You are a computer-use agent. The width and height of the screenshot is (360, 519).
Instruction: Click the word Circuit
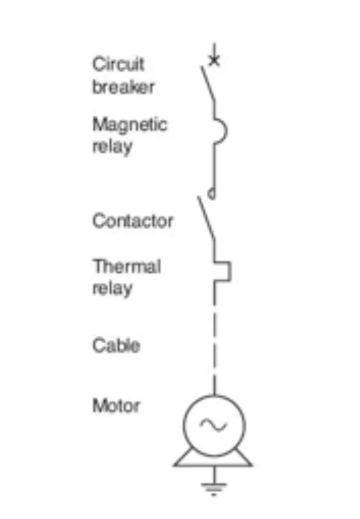(x=118, y=64)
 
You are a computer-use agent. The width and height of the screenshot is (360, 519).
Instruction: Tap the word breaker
(x=123, y=87)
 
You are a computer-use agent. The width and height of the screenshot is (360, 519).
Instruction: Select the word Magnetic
(x=130, y=125)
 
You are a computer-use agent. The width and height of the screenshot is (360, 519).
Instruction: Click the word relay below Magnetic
(x=112, y=147)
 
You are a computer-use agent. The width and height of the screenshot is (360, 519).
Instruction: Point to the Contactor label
(x=132, y=221)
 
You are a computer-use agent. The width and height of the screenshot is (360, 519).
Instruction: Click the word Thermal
(x=127, y=266)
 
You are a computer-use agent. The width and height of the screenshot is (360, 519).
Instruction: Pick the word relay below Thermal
(x=112, y=289)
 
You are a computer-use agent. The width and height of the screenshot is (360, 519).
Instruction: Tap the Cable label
(x=116, y=345)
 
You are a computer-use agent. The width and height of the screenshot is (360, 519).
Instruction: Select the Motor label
(x=116, y=406)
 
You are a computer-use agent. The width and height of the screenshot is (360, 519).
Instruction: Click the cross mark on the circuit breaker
(x=214, y=61)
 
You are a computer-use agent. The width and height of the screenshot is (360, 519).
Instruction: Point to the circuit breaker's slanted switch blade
(x=207, y=83)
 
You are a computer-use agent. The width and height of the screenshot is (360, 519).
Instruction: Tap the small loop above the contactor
(x=212, y=194)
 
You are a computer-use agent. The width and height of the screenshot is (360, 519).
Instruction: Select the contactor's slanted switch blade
(x=206, y=218)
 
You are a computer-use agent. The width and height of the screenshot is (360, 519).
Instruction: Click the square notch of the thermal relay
(x=227, y=272)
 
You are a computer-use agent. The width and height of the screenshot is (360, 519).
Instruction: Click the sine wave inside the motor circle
(x=213, y=425)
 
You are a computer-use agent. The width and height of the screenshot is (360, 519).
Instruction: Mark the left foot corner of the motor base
(x=175, y=464)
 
